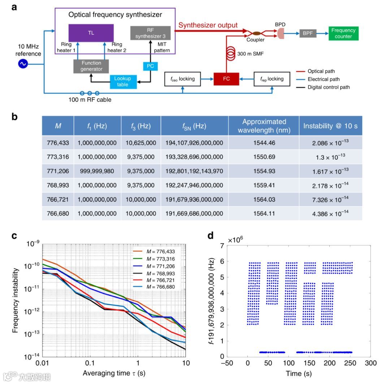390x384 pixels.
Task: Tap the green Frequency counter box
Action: [x=343, y=33]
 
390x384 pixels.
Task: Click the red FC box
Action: [x=226, y=79]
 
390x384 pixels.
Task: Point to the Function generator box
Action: [x=91, y=66]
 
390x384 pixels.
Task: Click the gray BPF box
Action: [x=308, y=33]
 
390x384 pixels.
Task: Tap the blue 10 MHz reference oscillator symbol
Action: [x=23, y=64]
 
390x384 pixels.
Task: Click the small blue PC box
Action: [x=150, y=66]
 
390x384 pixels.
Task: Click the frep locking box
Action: [x=272, y=79]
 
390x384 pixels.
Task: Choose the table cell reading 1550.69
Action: [x=264, y=157]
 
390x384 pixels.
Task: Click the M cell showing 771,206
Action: [x=58, y=171]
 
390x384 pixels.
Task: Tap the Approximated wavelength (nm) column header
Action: [x=264, y=126]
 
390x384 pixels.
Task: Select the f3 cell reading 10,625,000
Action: [x=141, y=143]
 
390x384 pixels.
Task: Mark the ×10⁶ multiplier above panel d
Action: [x=237, y=240]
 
